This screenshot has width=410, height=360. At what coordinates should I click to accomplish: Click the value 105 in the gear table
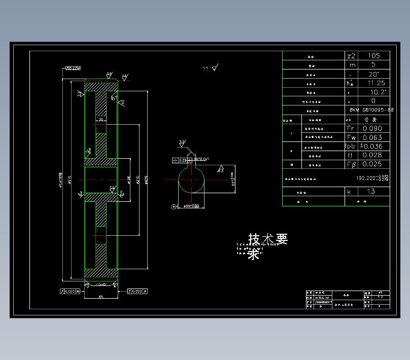point(374,56)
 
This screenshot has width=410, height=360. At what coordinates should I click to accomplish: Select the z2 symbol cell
point(351,56)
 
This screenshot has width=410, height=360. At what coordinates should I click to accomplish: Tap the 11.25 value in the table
point(376,83)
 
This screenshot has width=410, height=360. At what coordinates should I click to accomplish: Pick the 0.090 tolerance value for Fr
point(372,129)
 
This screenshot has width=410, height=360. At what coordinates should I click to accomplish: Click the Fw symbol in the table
point(351,137)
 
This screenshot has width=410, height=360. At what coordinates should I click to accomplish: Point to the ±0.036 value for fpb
point(372,147)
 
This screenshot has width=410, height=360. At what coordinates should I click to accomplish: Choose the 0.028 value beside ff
point(372,155)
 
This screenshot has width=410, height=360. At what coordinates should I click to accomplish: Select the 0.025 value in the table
point(372,164)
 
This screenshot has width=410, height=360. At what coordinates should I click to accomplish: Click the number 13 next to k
point(371,192)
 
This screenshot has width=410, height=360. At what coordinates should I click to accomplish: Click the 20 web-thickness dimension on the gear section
point(101,120)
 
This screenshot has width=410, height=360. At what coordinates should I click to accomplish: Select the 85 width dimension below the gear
point(101,297)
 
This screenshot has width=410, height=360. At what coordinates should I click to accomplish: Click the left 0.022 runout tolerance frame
point(70,291)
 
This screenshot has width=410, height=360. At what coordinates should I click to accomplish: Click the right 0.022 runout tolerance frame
point(138,291)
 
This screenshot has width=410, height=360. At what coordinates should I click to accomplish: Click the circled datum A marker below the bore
point(174,207)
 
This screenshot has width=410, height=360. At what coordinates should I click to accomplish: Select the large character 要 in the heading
point(282,239)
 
